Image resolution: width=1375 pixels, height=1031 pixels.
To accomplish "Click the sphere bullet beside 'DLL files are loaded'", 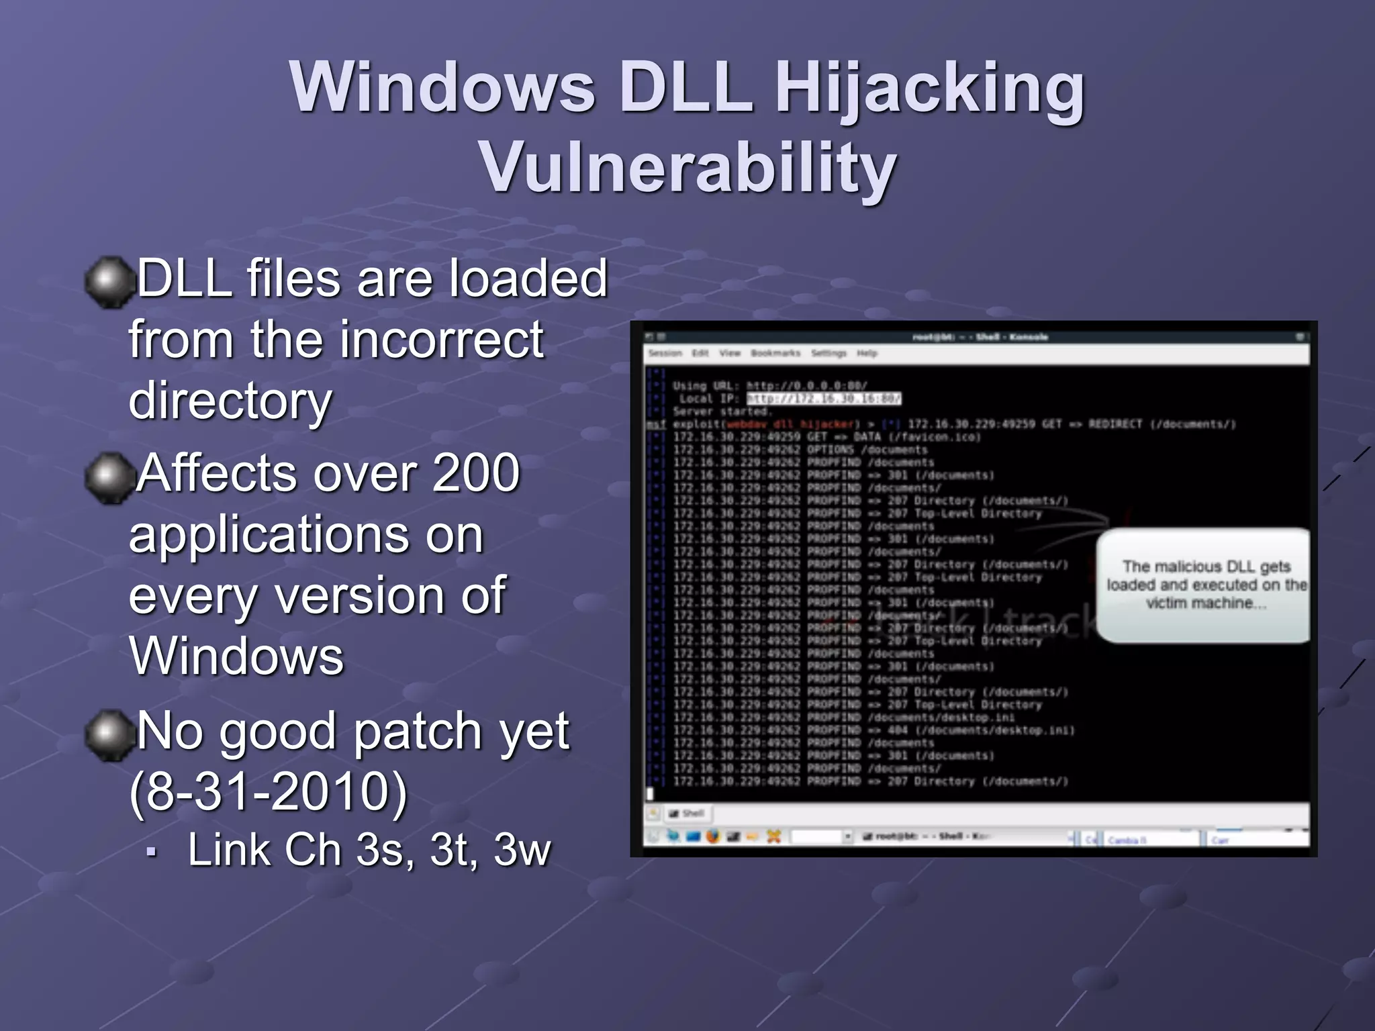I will [x=109, y=282].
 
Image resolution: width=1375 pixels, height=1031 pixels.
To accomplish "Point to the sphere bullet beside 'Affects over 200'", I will [x=109, y=477].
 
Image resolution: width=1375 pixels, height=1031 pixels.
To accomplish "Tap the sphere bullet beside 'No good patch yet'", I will [x=109, y=734].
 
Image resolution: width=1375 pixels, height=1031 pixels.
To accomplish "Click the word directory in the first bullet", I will [x=230, y=401].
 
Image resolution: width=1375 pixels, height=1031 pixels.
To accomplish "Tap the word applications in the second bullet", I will [x=305, y=535].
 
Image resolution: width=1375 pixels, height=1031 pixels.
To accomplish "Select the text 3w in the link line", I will [x=522, y=850].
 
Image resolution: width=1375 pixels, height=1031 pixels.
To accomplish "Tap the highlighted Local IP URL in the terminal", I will [x=824, y=399].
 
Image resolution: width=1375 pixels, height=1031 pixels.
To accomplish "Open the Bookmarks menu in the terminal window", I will [x=775, y=353].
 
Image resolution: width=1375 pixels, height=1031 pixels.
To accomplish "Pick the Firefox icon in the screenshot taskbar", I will [x=713, y=836].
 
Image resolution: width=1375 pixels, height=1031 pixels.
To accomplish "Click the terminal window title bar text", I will [x=980, y=337].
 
